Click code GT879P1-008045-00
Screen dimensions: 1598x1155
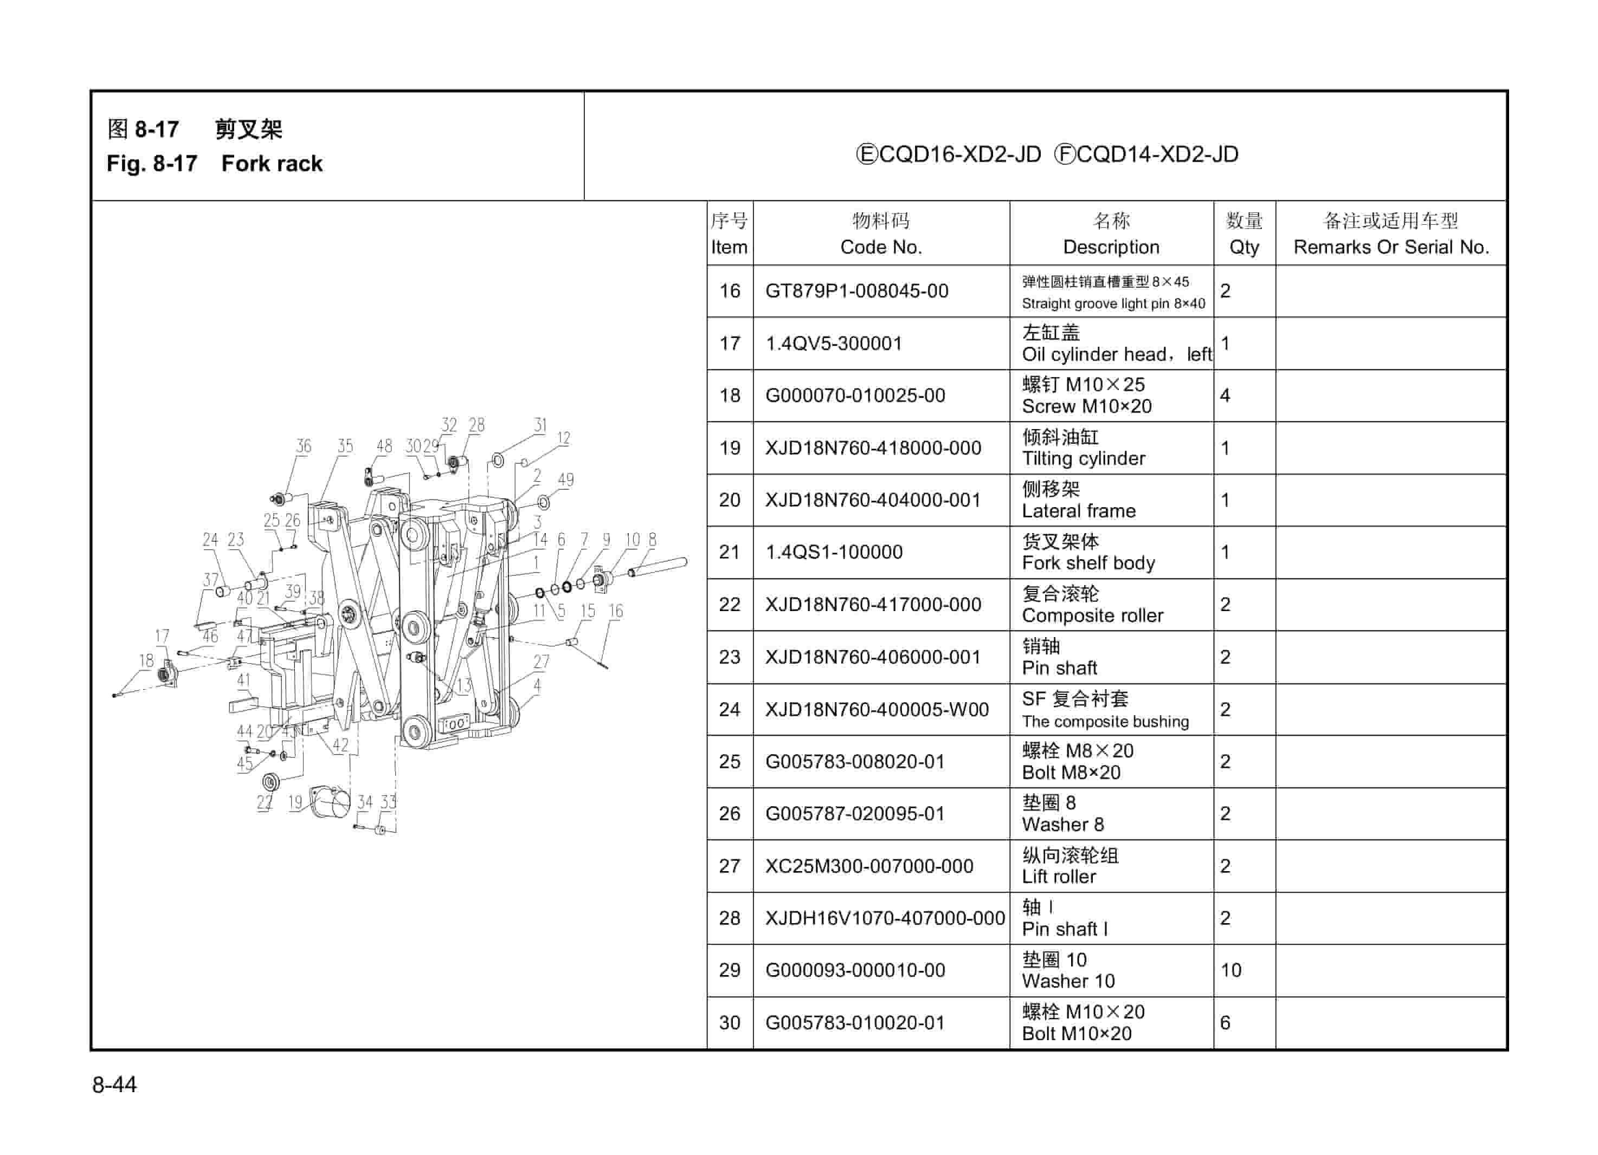point(857,291)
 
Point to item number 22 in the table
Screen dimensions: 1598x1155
point(729,604)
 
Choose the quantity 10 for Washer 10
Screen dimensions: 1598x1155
point(1230,970)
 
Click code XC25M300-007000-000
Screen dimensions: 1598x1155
point(869,866)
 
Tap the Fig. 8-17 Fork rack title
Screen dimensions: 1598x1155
point(214,164)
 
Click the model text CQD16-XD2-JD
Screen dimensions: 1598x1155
point(949,154)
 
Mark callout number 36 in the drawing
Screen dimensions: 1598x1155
point(303,446)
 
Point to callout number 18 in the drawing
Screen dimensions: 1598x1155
point(146,660)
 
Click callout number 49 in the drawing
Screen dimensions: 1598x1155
point(565,479)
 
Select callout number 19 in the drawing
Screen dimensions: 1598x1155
point(294,801)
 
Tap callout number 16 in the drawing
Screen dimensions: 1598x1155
point(615,611)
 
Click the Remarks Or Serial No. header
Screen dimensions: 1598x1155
point(1391,247)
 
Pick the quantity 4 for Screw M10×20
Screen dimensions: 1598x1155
point(1225,395)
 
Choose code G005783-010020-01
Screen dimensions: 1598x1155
point(855,1023)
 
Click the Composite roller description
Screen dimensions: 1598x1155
point(1092,615)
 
